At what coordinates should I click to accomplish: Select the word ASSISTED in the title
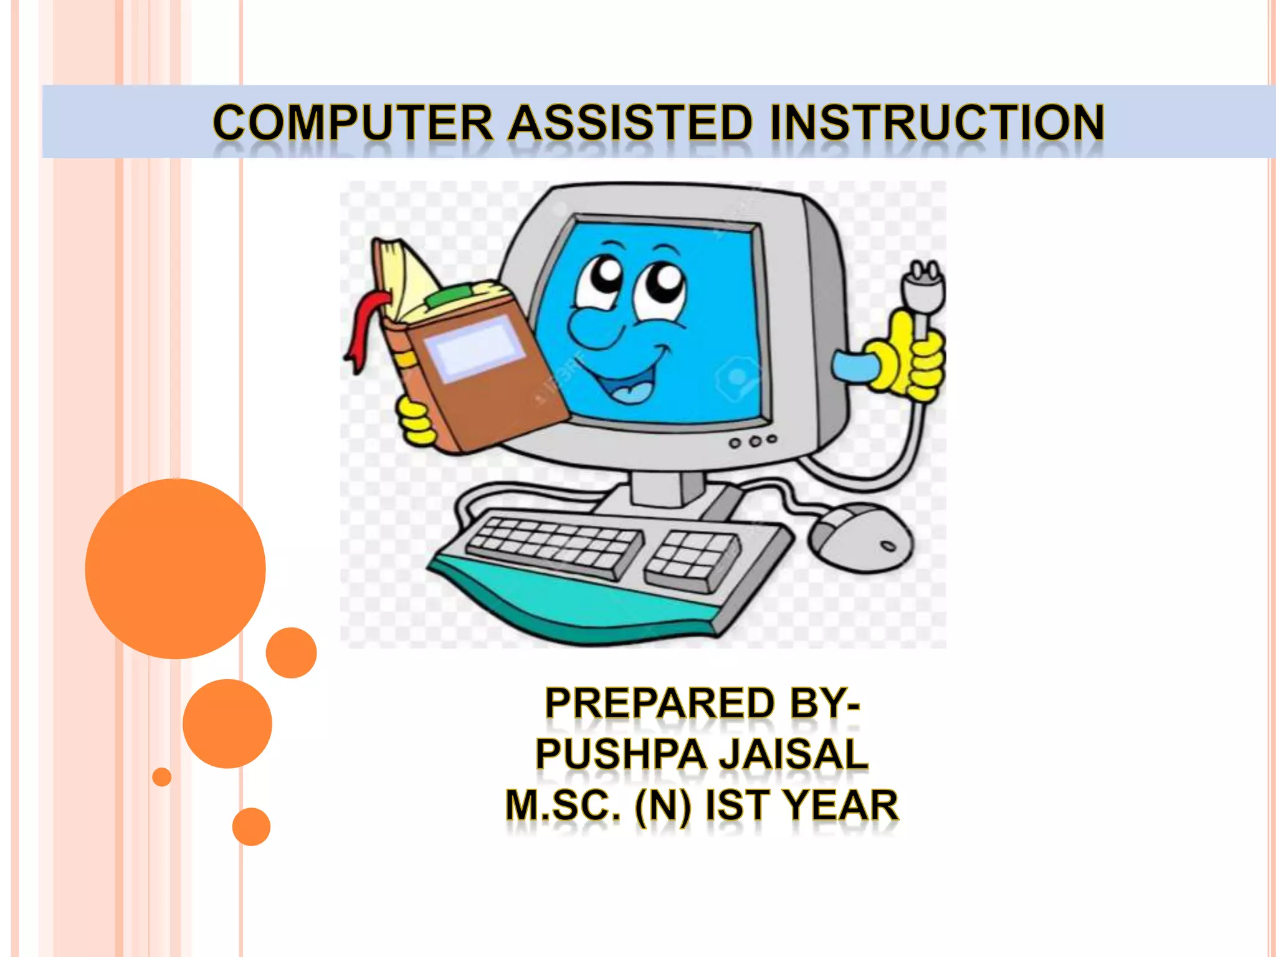pyautogui.click(x=630, y=123)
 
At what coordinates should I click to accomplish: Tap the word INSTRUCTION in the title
pyautogui.click(x=936, y=123)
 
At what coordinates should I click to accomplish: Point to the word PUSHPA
pyautogui.click(x=621, y=755)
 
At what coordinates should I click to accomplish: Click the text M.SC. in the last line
pyautogui.click(x=563, y=805)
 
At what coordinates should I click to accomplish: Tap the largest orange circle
pyautogui.click(x=175, y=568)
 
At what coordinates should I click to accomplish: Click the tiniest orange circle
pyautogui.click(x=162, y=777)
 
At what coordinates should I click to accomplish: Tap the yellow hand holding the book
pyautogui.click(x=416, y=421)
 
